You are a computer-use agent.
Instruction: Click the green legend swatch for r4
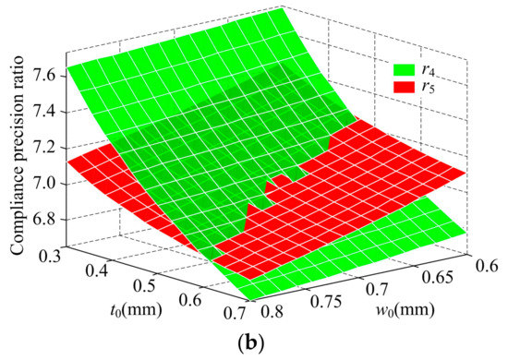tap(405, 67)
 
